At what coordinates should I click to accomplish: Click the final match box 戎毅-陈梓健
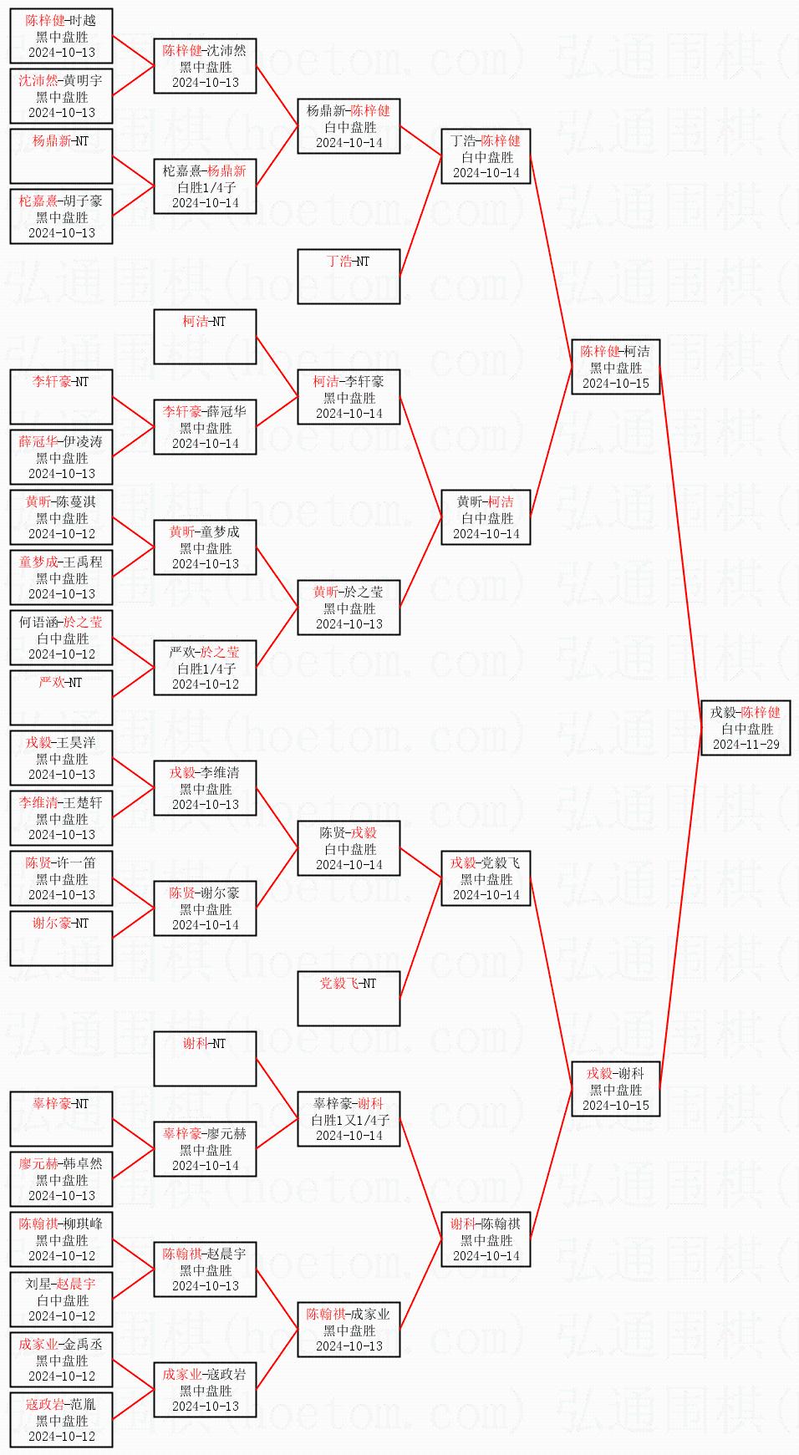[x=746, y=728]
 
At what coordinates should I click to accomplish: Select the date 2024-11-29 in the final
[x=746, y=745]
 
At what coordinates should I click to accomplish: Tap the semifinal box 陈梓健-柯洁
[x=615, y=367]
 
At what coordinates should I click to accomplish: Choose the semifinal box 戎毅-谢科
[x=615, y=1089]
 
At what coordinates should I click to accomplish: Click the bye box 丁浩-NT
[x=349, y=277]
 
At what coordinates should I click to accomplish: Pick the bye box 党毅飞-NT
[x=349, y=999]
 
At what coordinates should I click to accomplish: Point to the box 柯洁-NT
[x=205, y=337]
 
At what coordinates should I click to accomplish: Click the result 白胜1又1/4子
[x=349, y=1120]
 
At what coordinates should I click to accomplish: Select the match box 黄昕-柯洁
[x=486, y=517]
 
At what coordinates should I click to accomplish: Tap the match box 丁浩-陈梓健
[x=486, y=156]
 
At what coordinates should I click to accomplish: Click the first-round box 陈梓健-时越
[x=61, y=36]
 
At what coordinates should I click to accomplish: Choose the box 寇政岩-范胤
[x=61, y=1420]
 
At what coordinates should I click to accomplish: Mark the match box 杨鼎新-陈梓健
[x=349, y=126]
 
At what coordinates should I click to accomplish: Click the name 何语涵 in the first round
[x=39, y=622]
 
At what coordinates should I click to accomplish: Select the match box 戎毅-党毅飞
[x=486, y=878]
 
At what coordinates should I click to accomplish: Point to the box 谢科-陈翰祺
[x=486, y=1239]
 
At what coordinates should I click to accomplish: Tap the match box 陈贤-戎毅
[x=349, y=848]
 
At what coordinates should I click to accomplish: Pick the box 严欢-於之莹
[x=205, y=668]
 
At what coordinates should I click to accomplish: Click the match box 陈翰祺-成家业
[x=349, y=1330]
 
